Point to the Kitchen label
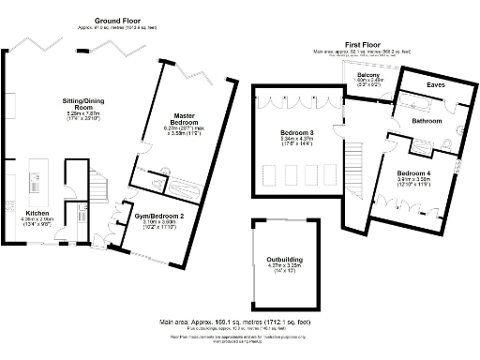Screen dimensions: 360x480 click(x=26, y=213)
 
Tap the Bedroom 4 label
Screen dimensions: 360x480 click(x=413, y=174)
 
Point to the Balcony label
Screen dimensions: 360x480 click(x=368, y=74)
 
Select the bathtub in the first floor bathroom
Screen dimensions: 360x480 click(x=427, y=101)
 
